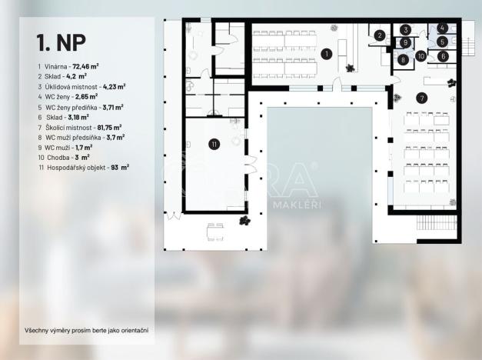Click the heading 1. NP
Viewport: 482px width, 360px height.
(x=61, y=41)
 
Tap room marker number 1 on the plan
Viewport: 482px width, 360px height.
(x=326, y=53)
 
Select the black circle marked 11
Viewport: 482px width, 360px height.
(x=214, y=142)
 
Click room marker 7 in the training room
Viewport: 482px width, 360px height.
(x=421, y=98)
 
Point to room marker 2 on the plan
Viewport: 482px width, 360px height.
(x=380, y=35)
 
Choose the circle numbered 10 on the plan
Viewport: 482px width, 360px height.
(x=421, y=55)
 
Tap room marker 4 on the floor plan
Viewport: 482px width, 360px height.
(x=442, y=28)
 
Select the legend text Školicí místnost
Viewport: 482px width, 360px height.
(x=67, y=127)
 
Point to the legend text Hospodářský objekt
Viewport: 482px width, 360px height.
(x=76, y=167)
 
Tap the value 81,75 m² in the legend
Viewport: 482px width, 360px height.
(x=108, y=127)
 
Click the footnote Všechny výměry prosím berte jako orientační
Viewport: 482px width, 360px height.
(x=86, y=331)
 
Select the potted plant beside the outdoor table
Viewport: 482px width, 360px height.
(x=245, y=222)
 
